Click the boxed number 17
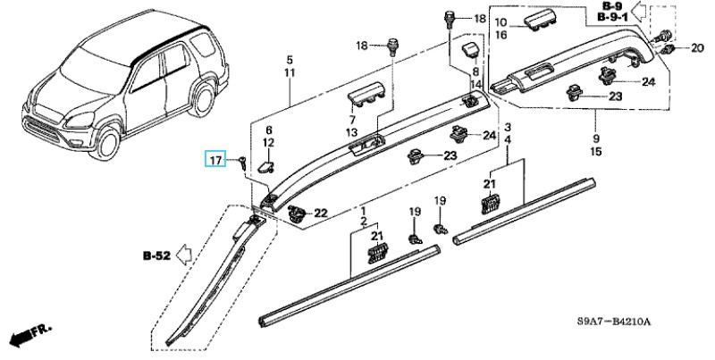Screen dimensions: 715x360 click(215, 160)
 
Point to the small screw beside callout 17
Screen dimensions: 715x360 click(242, 163)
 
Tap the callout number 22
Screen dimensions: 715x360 click(321, 213)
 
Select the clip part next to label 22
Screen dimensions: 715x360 click(298, 212)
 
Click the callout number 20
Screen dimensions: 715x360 click(697, 48)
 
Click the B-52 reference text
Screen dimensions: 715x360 click(157, 255)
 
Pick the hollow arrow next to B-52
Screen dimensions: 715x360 click(184, 255)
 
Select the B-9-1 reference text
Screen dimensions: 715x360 click(612, 17)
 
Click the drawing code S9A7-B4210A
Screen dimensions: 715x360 click(614, 322)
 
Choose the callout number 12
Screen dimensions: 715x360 click(269, 143)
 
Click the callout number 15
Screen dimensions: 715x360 click(596, 151)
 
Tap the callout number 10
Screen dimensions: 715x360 click(500, 21)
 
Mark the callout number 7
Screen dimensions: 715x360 click(352, 120)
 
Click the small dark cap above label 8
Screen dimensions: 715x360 click(470, 50)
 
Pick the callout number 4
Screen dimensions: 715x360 click(508, 139)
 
